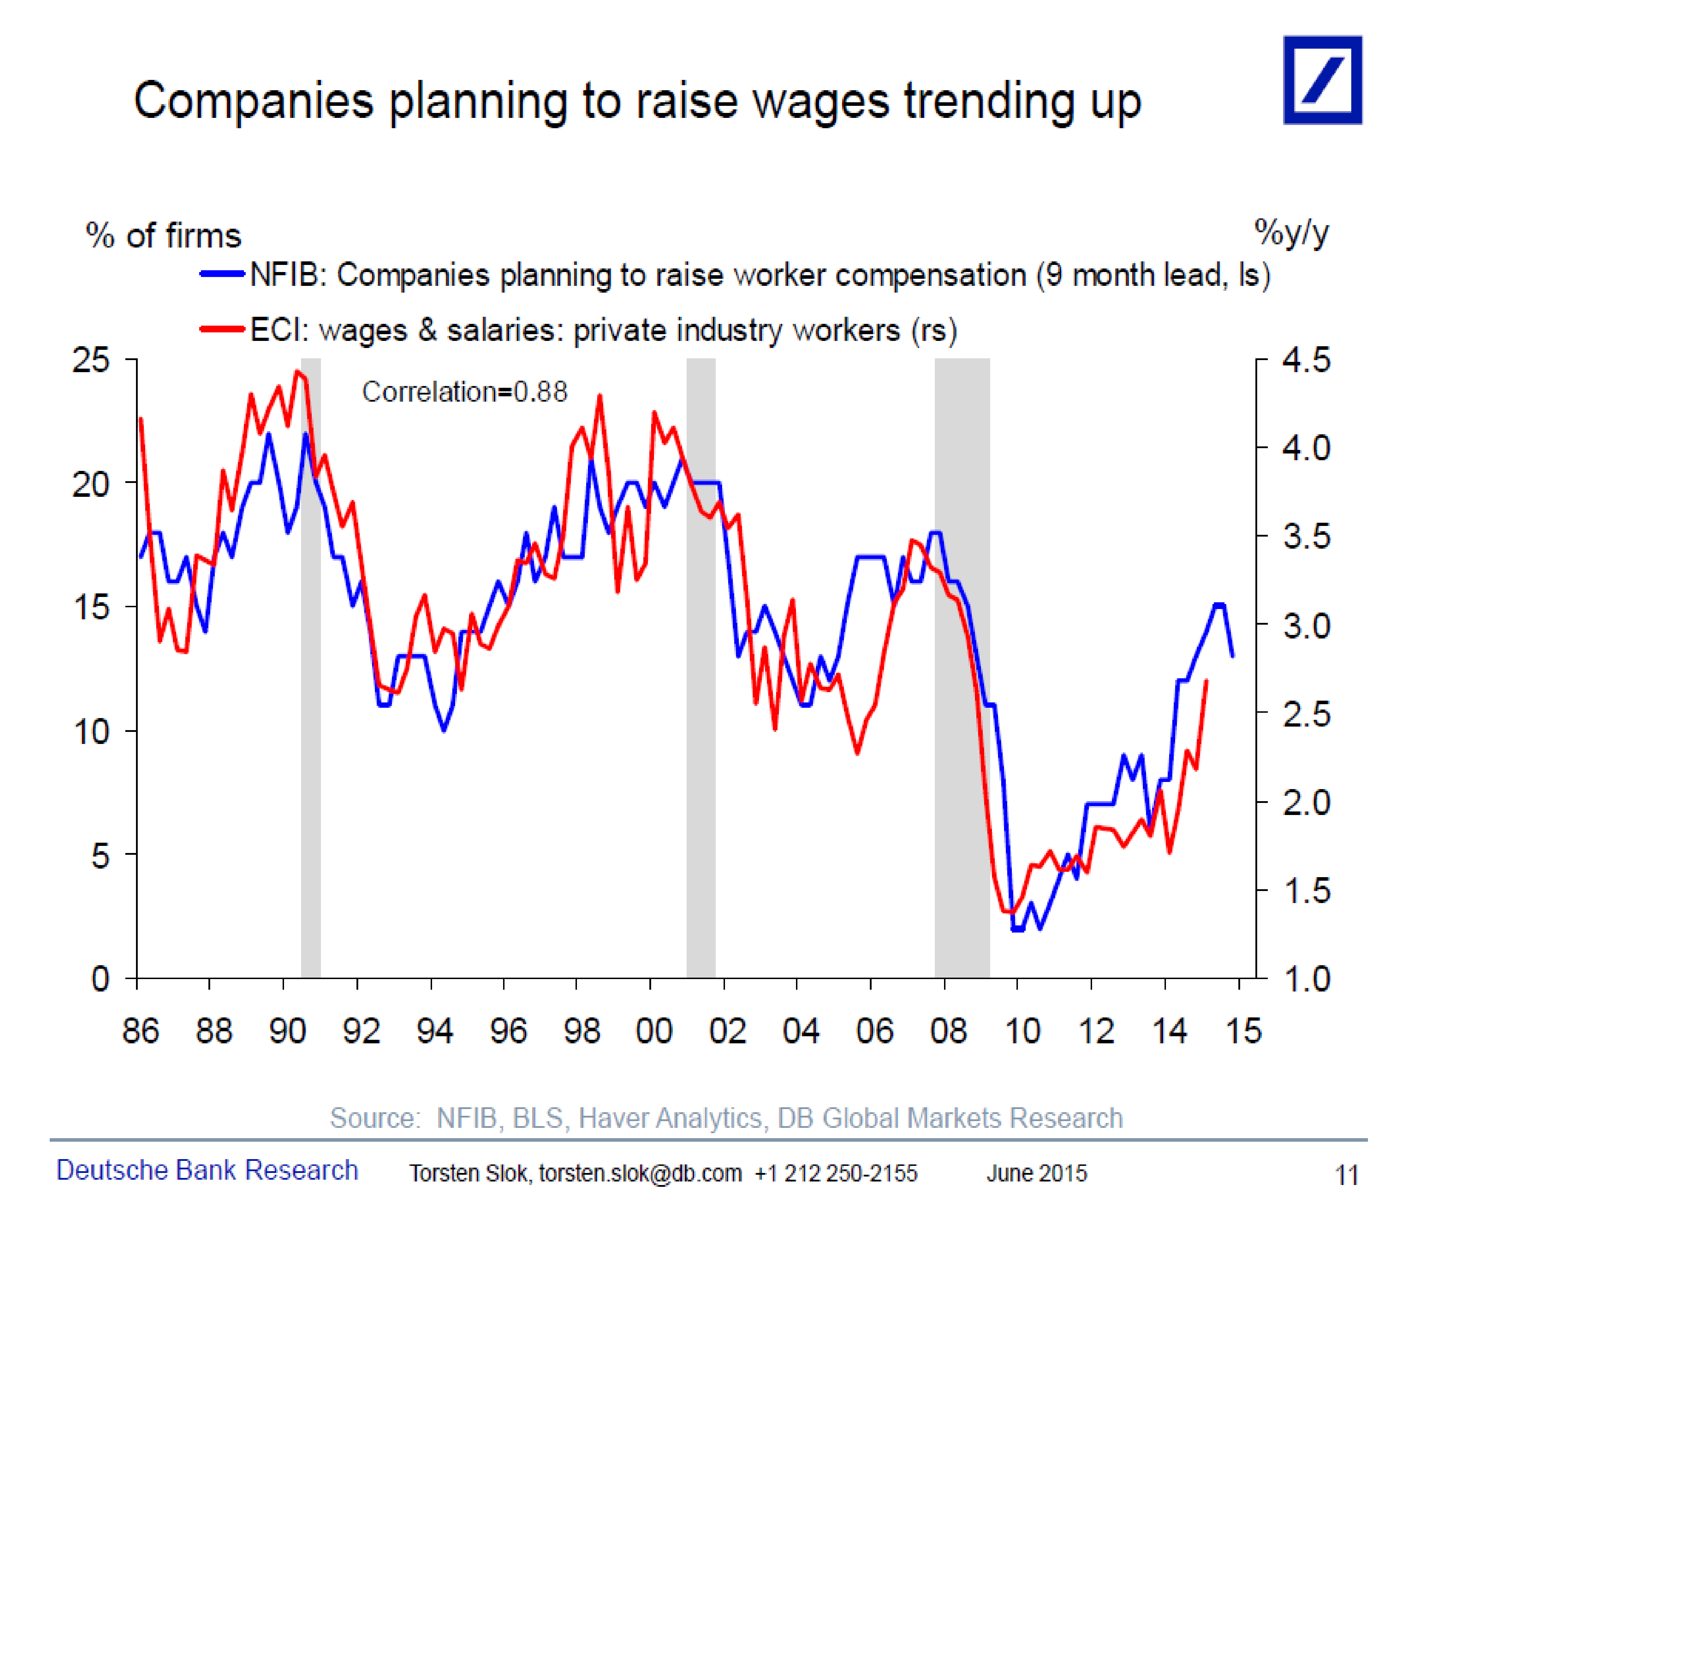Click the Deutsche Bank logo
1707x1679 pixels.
click(x=1322, y=80)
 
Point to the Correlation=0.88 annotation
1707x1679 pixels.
click(x=465, y=392)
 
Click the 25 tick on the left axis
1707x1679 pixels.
click(x=91, y=360)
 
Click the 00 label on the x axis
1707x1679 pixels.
click(x=653, y=1031)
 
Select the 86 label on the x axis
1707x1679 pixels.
click(x=140, y=1031)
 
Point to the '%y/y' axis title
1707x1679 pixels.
click(x=1291, y=233)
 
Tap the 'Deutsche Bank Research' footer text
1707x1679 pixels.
click(x=207, y=1170)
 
